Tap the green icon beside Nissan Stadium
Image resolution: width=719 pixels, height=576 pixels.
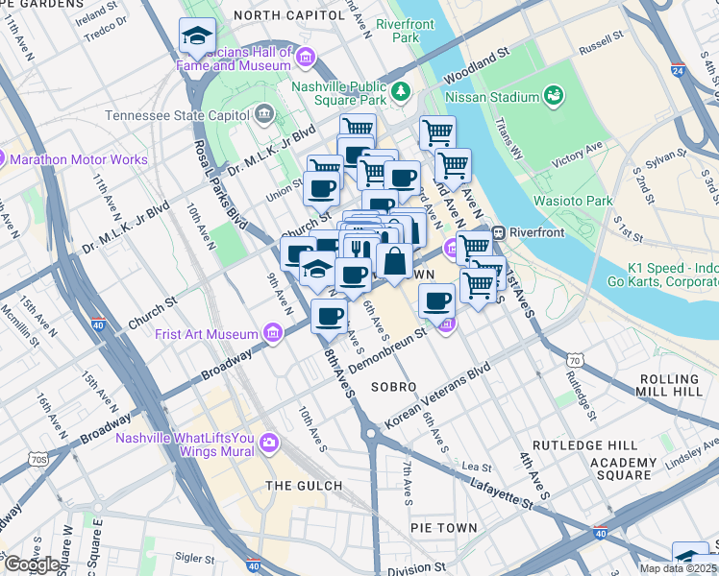tap(554, 95)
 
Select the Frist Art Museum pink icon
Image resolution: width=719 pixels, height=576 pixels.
tap(273, 334)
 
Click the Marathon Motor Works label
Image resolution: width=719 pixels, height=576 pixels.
tap(83, 159)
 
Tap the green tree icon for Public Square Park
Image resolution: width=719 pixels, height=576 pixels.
tap(401, 93)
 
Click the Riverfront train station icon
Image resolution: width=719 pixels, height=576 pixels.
tap(499, 232)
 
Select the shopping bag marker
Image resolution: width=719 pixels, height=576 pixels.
tap(394, 261)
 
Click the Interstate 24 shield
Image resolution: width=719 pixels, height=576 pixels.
tap(679, 70)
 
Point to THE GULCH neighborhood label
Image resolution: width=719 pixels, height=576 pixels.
tap(305, 486)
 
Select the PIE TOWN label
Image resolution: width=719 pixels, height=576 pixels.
tap(443, 528)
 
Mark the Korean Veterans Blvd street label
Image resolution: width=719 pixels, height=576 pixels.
tap(437, 396)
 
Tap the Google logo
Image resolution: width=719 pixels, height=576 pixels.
tap(32, 564)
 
